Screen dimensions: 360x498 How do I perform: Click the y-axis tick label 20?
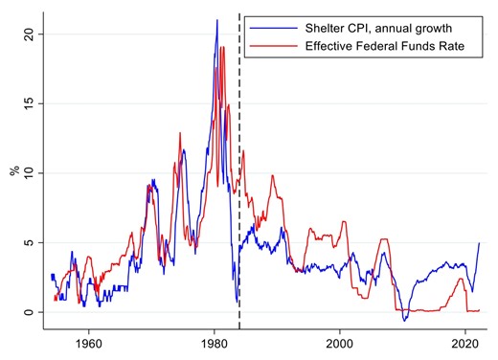click(x=30, y=34)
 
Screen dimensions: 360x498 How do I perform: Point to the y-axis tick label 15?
click(x=30, y=102)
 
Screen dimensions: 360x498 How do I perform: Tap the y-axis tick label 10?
click(x=30, y=172)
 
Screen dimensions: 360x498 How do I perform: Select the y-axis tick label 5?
click(x=30, y=242)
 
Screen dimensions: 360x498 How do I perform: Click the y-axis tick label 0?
click(x=30, y=312)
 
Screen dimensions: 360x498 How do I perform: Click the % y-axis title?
click(x=13, y=172)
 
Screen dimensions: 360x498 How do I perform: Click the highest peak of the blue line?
click(x=216, y=20)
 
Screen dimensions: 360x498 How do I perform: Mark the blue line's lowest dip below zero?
click(x=405, y=320)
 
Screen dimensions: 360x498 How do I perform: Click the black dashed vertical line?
click(x=238, y=191)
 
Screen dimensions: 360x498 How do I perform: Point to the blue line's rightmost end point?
click(x=479, y=243)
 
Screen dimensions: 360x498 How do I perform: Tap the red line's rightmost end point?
click(x=479, y=310)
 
